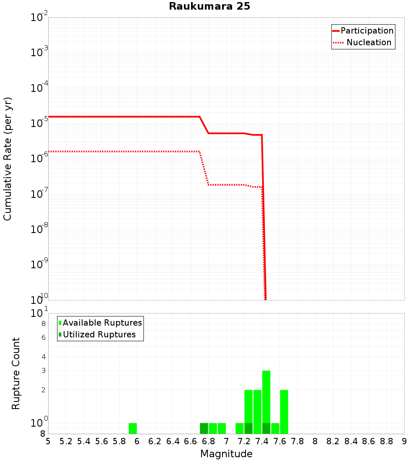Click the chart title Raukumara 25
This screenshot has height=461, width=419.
[x=209, y=7]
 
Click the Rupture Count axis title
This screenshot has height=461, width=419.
[x=16, y=373]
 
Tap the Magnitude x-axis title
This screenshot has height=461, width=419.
[x=226, y=454]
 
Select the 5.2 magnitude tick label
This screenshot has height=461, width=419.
[x=66, y=442]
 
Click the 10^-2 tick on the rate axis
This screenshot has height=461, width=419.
[x=39, y=18]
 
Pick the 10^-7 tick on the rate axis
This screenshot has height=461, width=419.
[x=39, y=194]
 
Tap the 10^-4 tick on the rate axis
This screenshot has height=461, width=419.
[x=39, y=88]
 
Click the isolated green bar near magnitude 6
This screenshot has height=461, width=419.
[x=133, y=428]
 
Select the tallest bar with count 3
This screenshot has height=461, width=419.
[x=266, y=396]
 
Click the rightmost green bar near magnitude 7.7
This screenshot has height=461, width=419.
[x=284, y=412]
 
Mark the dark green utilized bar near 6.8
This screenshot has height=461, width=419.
[x=204, y=428]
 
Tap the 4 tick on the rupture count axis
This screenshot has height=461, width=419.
[x=43, y=357]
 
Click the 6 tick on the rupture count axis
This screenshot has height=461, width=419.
[x=43, y=337]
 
